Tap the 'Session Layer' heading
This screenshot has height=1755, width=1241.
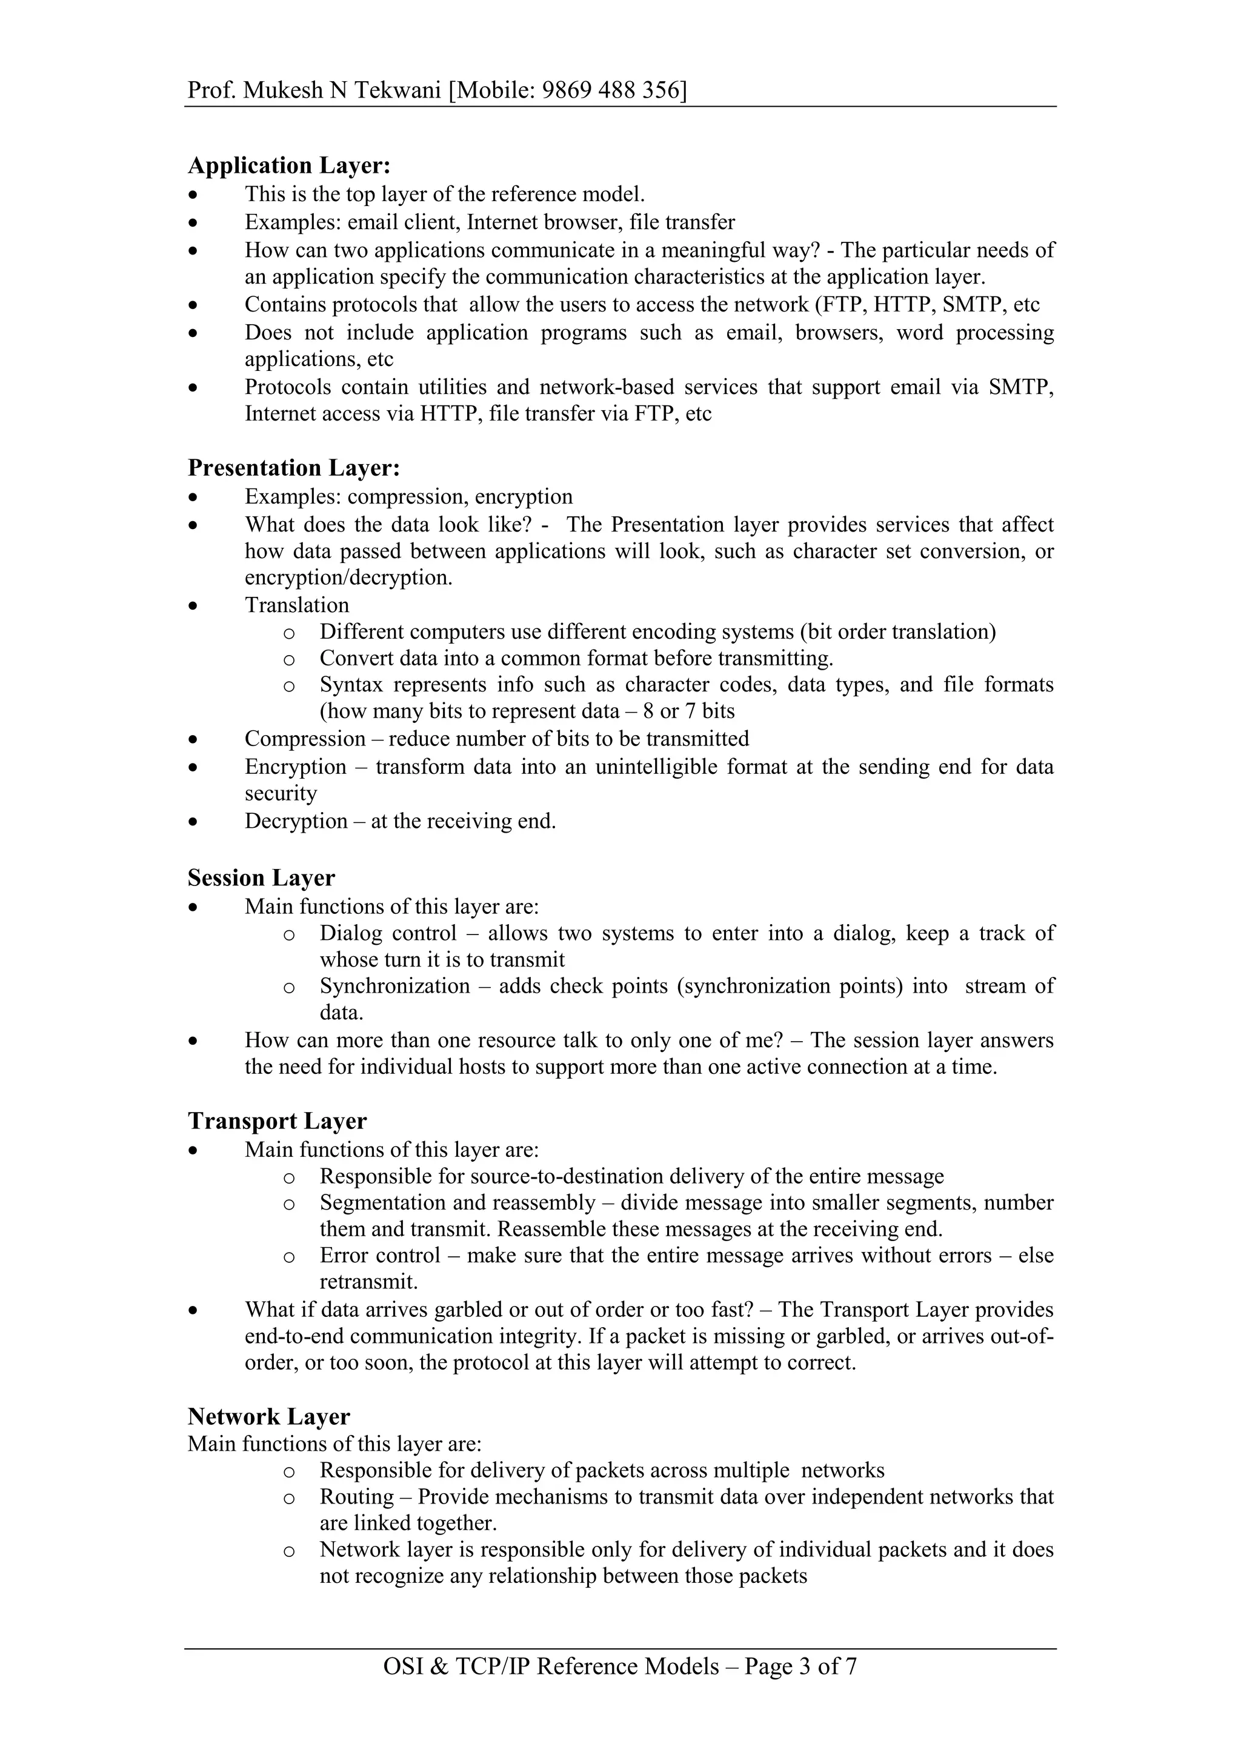(261, 878)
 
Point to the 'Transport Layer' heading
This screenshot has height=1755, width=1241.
(278, 1121)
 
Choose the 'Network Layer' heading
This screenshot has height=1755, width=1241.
(269, 1417)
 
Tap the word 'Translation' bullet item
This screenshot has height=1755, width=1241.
(296, 605)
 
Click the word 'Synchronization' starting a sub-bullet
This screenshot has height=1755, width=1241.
(394, 986)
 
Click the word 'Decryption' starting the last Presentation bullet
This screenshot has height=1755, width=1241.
(296, 821)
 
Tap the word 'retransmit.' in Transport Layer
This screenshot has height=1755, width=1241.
(368, 1282)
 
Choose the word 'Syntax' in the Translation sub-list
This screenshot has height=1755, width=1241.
(351, 685)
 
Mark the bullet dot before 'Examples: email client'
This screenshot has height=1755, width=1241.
(194, 223)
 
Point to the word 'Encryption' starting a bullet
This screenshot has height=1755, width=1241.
(295, 767)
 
